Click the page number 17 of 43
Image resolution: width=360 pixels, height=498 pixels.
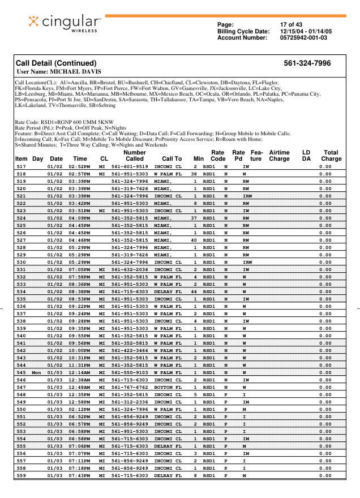point(291,24)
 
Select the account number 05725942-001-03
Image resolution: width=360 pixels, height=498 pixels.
point(303,37)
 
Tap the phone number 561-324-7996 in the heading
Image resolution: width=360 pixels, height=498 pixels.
point(307,63)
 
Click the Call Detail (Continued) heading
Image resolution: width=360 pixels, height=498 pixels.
point(56,63)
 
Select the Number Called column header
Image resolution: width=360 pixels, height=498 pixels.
point(135,156)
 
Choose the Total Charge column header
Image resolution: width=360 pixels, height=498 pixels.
point(331,156)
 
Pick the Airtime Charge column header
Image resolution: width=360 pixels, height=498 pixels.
point(279,156)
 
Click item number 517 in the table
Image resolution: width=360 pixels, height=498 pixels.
point(22,167)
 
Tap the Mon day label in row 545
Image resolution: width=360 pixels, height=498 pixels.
point(37,373)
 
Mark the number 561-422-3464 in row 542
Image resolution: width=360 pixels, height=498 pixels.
point(130,351)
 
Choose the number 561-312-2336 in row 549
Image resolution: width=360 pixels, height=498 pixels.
point(130,402)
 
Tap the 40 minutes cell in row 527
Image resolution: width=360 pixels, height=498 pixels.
point(194,241)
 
